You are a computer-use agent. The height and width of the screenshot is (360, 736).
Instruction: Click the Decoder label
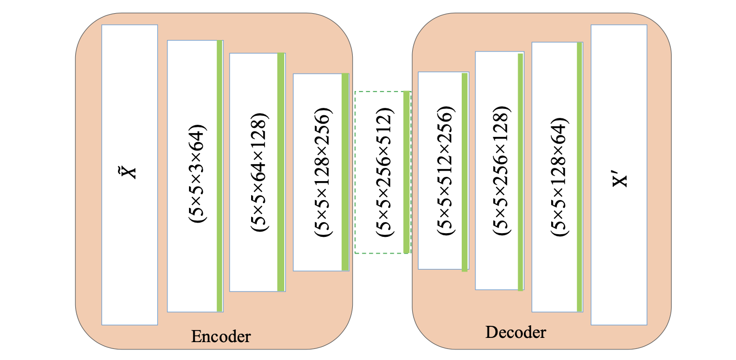[515, 333]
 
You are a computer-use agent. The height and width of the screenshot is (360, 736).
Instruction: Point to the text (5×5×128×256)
[323, 172]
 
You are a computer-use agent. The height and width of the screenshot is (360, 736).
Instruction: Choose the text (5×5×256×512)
[383, 172]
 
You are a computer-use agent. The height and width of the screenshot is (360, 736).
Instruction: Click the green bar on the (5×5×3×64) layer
[220, 176]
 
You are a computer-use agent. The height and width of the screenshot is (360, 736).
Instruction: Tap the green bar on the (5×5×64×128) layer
[281, 172]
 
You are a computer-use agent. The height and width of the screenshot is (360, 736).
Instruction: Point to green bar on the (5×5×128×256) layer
[345, 172]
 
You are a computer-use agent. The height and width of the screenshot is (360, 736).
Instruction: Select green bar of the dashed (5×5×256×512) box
[406, 172]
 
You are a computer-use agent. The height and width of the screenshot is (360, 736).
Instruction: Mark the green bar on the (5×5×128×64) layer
[579, 177]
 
